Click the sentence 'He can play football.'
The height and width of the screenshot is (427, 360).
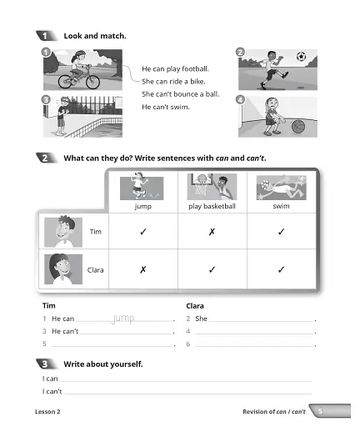pyautogui.click(x=175, y=68)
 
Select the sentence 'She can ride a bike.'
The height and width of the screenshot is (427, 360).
pyautogui.click(x=174, y=81)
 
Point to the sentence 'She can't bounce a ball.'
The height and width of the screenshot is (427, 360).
pyautogui.click(x=180, y=94)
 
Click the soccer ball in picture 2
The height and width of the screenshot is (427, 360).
pyautogui.click(x=301, y=58)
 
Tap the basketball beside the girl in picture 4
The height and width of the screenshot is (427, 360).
pyautogui.click(x=298, y=126)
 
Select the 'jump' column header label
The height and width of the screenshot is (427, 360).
pyautogui.click(x=142, y=205)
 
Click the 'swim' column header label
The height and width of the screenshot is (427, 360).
pyautogui.click(x=281, y=205)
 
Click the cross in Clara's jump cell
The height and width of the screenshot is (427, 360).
pyautogui.click(x=142, y=269)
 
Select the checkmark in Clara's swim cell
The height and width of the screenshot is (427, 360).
pyautogui.click(x=281, y=269)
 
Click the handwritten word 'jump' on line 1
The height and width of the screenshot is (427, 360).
pyautogui.click(x=123, y=318)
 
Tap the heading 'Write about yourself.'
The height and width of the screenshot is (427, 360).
pyautogui.click(x=102, y=364)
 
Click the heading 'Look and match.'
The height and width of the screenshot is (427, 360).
pyautogui.click(x=95, y=36)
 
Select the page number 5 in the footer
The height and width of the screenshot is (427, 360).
pyautogui.click(x=319, y=412)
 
